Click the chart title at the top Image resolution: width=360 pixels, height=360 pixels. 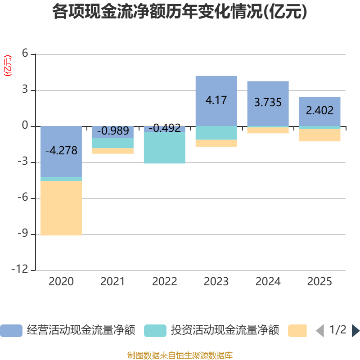[x=180, y=12]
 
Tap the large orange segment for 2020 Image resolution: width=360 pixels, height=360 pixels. [x=61, y=208]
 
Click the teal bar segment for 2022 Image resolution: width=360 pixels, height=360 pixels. [x=164, y=148]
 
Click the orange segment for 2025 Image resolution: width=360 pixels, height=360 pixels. [x=319, y=135]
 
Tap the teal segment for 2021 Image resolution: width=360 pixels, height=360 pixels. [x=113, y=143]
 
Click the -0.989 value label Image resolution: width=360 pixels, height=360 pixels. [x=113, y=131]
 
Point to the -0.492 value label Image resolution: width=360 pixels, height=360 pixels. [x=164, y=129]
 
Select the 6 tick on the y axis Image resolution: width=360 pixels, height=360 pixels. [x=25, y=54]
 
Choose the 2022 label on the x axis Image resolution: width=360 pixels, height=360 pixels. [x=164, y=282]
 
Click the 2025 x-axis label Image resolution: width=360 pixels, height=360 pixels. [x=319, y=282]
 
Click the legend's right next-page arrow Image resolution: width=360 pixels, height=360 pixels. [x=355, y=330]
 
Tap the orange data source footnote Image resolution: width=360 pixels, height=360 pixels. [x=180, y=355]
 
